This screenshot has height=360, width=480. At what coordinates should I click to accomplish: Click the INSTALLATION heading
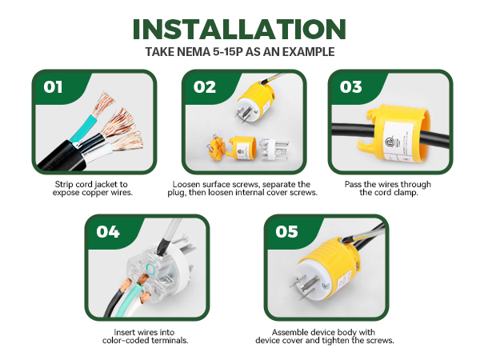pos(239,29)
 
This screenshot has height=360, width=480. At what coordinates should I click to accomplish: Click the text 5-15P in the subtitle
pos(228,52)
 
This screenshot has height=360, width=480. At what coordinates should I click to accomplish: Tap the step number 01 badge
pos(53,87)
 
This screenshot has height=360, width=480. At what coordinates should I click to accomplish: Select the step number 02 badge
pos(205,87)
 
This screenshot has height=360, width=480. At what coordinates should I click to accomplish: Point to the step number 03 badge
pos(351,87)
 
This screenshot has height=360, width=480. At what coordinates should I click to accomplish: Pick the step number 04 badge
pos(108,232)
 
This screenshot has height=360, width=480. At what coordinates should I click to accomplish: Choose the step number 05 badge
pos(286,232)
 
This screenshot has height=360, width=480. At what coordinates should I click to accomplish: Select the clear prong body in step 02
pos(274,150)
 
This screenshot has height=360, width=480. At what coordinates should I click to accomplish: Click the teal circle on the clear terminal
pos(150,269)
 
